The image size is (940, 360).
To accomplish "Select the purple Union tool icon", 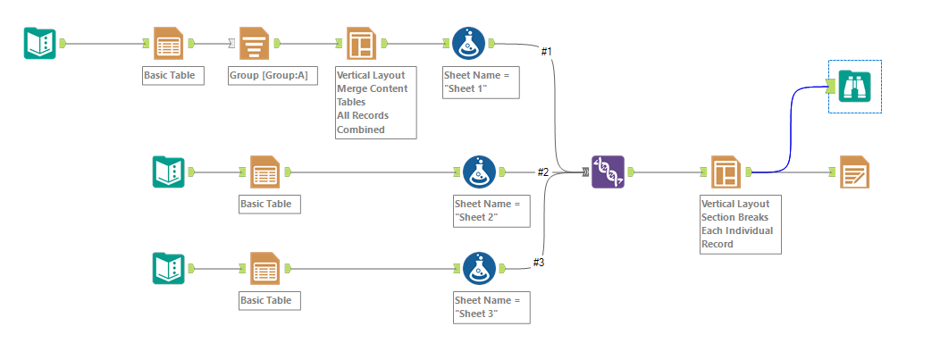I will [x=607, y=172].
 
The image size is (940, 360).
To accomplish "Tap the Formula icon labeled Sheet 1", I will [x=468, y=43].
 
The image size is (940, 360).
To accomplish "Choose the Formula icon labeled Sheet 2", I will [x=479, y=172].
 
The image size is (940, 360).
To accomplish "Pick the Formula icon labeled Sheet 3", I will [x=479, y=268].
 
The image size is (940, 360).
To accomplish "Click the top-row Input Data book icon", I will [x=39, y=43].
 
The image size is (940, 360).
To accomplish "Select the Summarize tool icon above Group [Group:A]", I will [x=256, y=43].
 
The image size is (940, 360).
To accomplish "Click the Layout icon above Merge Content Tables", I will [x=361, y=43].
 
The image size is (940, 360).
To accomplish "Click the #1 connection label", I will [x=547, y=52].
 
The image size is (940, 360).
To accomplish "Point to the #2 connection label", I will [x=542, y=172].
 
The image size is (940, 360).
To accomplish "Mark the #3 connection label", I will [x=538, y=262].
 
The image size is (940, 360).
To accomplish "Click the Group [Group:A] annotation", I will [x=268, y=76].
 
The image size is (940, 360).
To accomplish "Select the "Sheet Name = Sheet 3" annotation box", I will [x=491, y=306].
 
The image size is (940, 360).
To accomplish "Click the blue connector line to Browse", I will [x=790, y=125].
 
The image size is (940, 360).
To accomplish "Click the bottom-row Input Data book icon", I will [x=168, y=268].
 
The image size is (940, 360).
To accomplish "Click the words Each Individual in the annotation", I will [x=735, y=230].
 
